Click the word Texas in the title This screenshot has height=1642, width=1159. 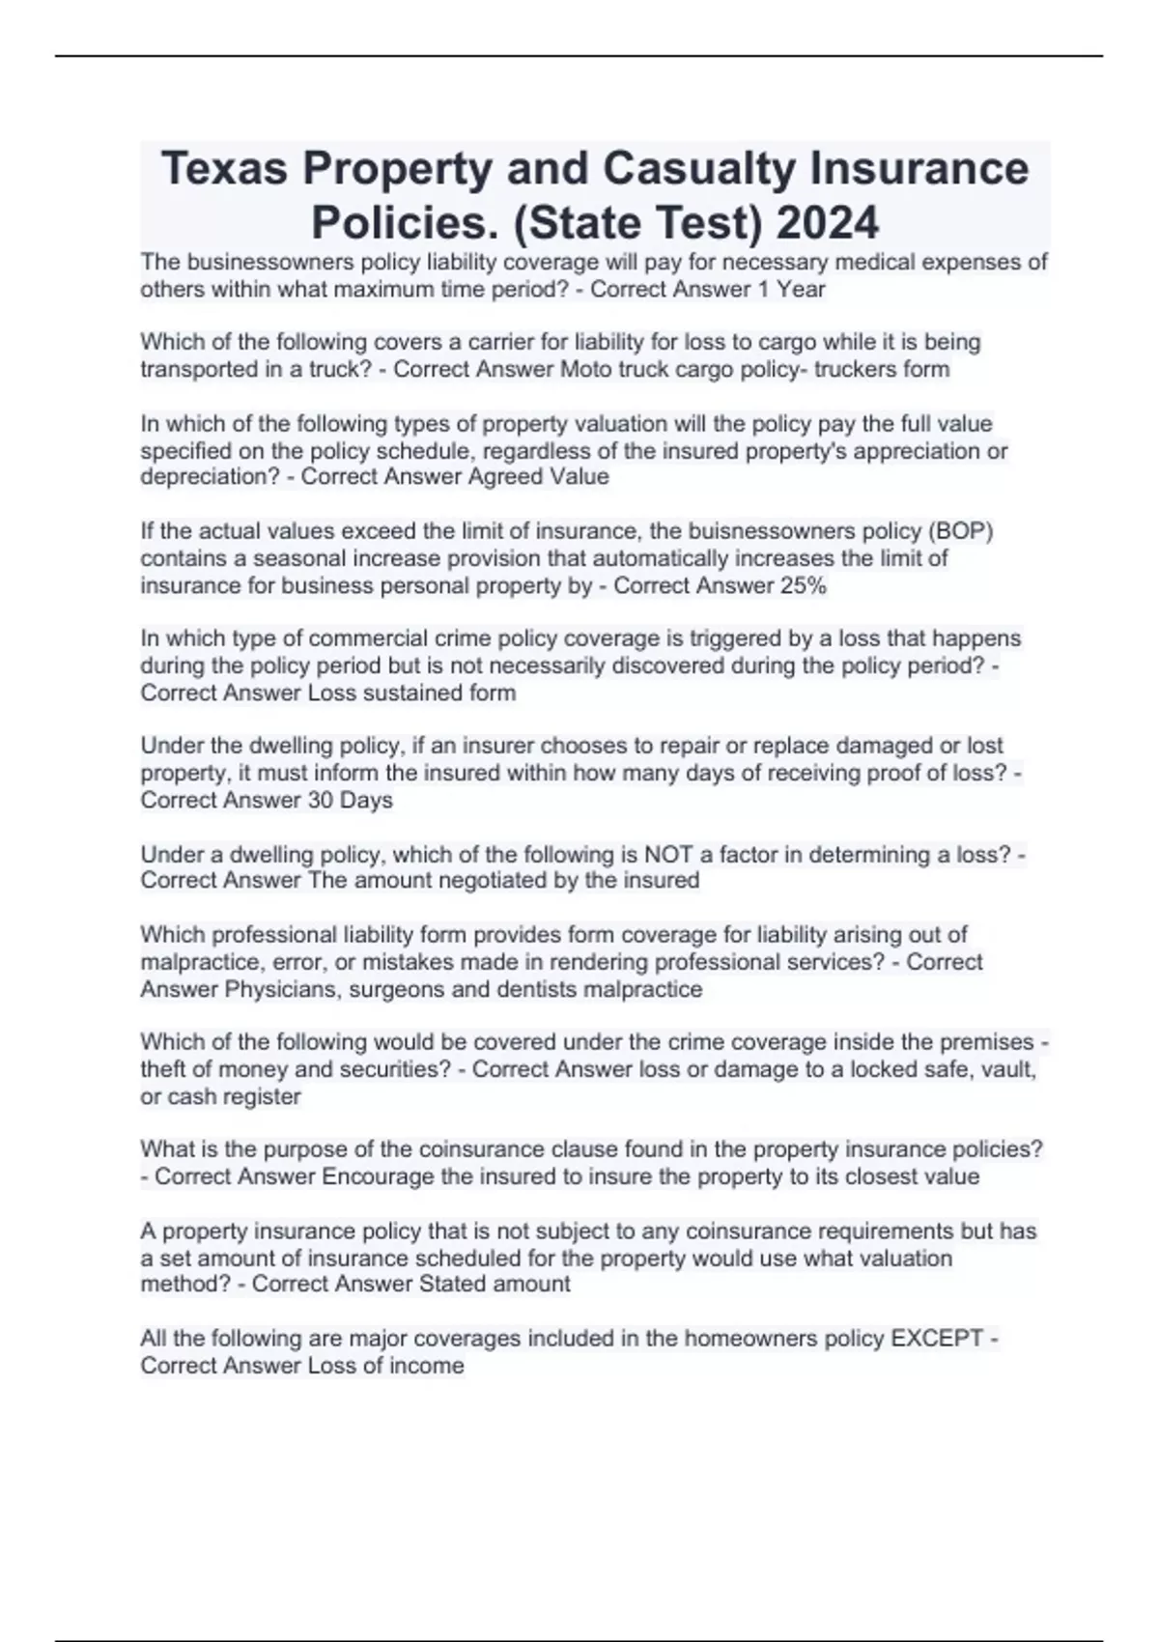(x=224, y=169)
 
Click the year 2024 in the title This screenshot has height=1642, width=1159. (x=828, y=223)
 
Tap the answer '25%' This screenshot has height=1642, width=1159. (x=802, y=585)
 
